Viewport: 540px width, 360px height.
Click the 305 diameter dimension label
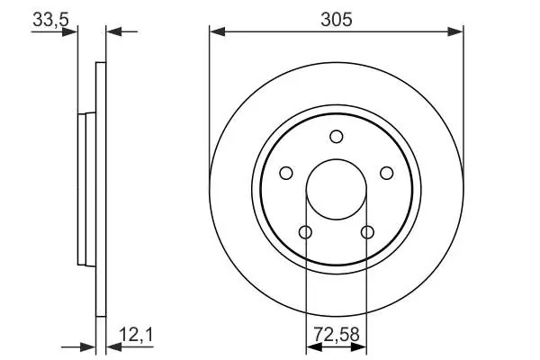point(337,19)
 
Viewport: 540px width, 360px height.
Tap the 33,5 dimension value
point(50,19)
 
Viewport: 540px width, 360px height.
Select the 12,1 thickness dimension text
point(136,335)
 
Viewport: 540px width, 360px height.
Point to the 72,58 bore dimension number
point(337,335)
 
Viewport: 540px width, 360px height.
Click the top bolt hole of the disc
point(336,137)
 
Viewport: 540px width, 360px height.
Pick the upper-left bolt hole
point(286,173)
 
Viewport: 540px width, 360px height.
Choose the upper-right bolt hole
point(387,173)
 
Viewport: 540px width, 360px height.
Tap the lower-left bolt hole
point(305,232)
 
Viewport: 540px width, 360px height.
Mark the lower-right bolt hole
point(367,232)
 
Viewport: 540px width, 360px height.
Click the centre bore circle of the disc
point(336,159)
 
